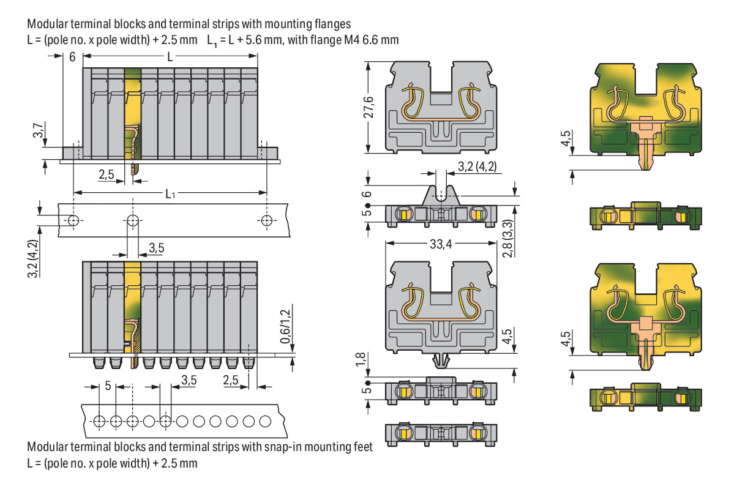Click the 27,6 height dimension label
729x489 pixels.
click(368, 107)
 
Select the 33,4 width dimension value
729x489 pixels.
click(441, 244)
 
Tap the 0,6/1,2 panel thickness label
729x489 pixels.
click(285, 326)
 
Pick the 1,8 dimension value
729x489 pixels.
click(361, 359)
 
